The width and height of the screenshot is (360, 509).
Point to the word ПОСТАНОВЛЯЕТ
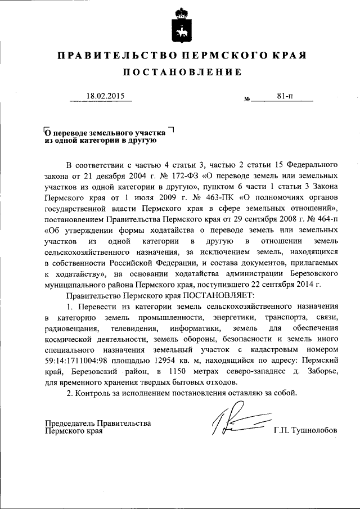(x=220, y=294)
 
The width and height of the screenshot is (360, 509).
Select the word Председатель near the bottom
(x=69, y=423)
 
